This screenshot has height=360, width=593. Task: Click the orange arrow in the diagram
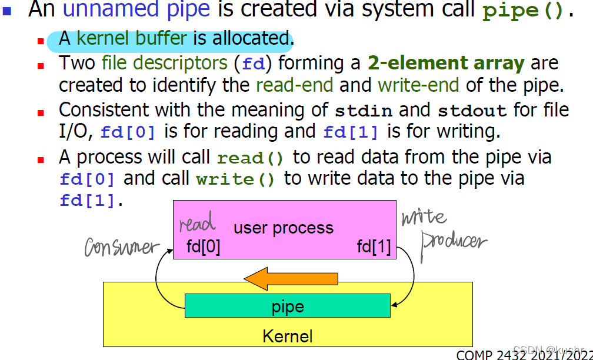coord(291,278)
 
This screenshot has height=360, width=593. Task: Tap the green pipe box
coord(288,306)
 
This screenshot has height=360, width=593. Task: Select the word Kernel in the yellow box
coord(288,336)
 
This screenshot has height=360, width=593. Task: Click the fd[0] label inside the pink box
coord(204,246)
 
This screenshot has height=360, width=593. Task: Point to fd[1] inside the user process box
coord(374,246)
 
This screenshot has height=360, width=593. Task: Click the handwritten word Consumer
coord(122,247)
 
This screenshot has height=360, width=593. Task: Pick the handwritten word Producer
coord(454,243)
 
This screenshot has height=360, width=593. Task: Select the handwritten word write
coord(424,218)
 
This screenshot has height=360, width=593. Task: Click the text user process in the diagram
coord(284,228)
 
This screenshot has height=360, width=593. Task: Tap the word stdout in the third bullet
coord(472,110)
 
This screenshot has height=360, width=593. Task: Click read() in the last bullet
coord(251,158)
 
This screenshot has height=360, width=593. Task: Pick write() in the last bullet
coord(235,179)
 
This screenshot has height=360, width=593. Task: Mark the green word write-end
coord(418,85)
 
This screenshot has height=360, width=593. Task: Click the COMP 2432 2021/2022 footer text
coord(524,355)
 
